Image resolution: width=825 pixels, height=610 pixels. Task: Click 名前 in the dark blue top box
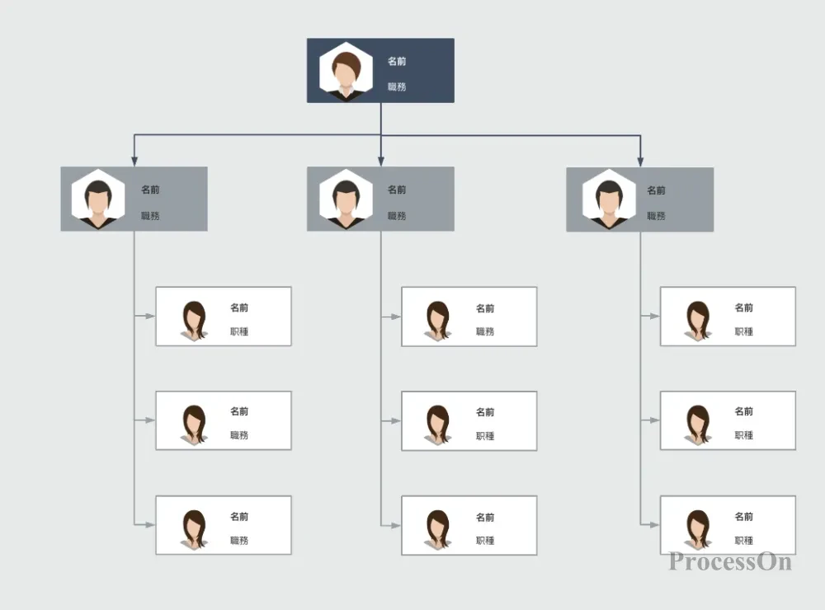(397, 61)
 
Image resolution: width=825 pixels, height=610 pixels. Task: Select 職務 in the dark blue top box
(397, 87)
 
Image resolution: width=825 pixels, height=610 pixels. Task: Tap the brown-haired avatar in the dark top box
(346, 71)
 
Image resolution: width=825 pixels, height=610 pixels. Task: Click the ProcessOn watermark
(730, 561)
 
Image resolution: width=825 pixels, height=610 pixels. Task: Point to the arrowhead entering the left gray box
(134, 161)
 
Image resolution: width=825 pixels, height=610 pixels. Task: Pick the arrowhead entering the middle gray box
(381, 161)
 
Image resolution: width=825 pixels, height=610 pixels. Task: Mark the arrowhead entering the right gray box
(640, 162)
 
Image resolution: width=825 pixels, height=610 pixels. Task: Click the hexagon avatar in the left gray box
(98, 199)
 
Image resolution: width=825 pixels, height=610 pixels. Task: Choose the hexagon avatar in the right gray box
(610, 199)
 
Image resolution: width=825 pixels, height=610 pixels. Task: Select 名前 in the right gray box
(656, 190)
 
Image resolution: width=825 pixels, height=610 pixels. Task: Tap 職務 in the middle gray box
(397, 216)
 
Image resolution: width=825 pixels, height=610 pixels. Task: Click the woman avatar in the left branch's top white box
(194, 321)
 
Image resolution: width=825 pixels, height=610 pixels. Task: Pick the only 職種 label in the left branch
(239, 331)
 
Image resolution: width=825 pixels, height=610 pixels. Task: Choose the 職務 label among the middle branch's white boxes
(485, 331)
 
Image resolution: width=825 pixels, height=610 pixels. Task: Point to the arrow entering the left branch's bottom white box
(144, 524)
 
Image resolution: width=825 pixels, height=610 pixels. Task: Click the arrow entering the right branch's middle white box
(650, 420)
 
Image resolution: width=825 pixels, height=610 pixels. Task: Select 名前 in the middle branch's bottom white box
(485, 518)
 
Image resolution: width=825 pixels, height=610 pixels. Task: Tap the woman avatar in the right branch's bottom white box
(698, 529)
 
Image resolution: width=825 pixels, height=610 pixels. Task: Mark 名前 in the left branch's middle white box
(239, 411)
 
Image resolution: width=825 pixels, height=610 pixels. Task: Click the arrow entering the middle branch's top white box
(391, 317)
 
